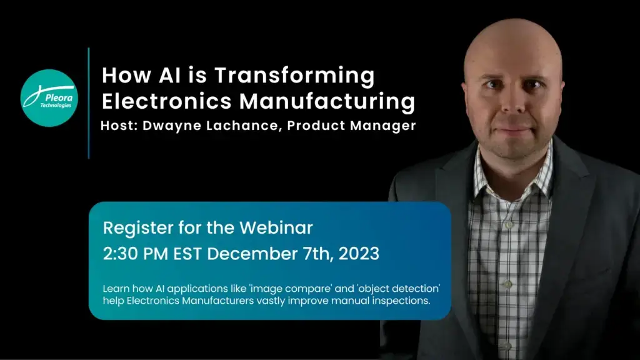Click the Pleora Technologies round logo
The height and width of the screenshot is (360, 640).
click(x=49, y=98)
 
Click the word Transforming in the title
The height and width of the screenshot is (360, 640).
click(x=294, y=76)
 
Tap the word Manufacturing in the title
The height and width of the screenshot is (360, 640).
click(x=327, y=102)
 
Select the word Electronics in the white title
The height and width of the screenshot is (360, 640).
click(x=167, y=101)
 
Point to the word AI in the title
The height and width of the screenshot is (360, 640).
click(x=170, y=76)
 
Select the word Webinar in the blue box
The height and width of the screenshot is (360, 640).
click(x=276, y=227)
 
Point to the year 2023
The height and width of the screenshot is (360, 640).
click(x=359, y=254)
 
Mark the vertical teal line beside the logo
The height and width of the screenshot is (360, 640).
click(x=89, y=103)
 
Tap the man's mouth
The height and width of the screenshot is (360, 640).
click(x=514, y=130)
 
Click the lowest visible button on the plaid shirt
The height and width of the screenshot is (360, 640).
click(x=506, y=346)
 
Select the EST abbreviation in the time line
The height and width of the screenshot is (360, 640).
click(x=187, y=254)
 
